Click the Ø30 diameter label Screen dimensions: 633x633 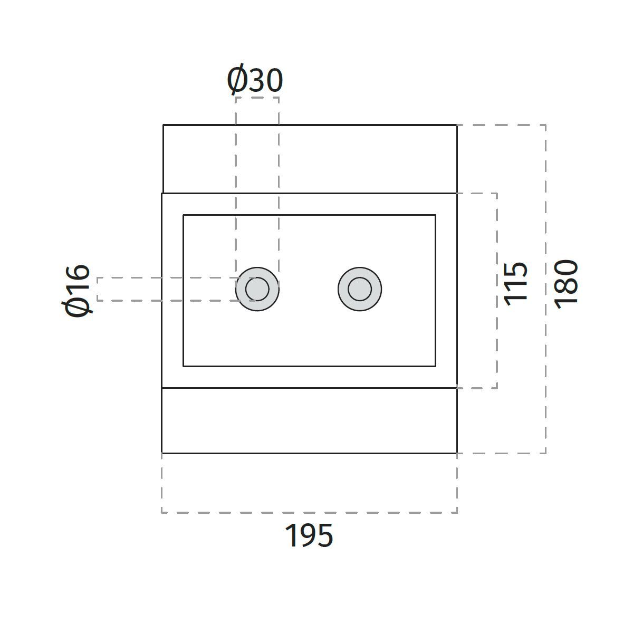point(255,81)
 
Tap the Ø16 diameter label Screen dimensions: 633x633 point(78,290)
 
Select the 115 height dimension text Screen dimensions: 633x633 point(516,282)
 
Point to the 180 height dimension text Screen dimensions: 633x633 point(567,282)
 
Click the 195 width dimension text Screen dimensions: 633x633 point(309,536)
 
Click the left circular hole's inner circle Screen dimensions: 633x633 point(257,289)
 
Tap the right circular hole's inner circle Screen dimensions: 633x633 point(360,289)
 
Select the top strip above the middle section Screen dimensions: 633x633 point(310,159)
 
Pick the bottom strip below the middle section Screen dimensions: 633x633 point(309,420)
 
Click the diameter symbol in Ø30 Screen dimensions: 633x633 point(237,81)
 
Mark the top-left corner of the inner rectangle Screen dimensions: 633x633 point(184,215)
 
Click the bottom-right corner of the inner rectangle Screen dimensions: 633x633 point(435,366)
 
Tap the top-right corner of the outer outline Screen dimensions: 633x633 point(456,125)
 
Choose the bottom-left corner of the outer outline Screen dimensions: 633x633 point(162,453)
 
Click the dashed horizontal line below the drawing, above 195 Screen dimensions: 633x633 point(309,512)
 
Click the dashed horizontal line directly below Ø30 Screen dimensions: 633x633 point(257,98)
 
